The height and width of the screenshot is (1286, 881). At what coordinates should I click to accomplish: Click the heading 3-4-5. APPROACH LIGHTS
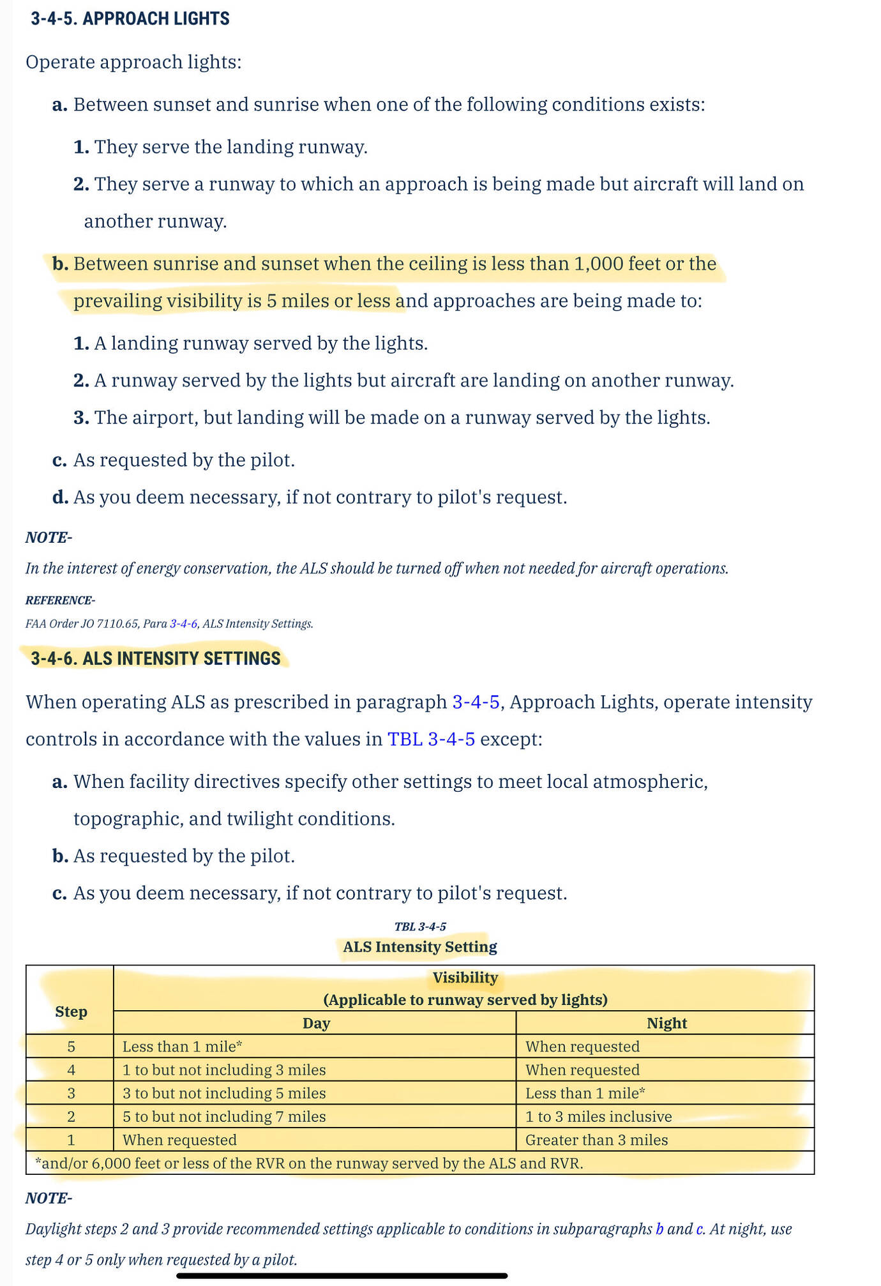tap(130, 19)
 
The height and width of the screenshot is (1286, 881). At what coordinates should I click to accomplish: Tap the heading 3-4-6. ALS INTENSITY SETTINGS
tap(155, 658)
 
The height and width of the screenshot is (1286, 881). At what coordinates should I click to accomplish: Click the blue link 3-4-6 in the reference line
tap(183, 624)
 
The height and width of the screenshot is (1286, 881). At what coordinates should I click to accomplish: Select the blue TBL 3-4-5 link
tap(431, 739)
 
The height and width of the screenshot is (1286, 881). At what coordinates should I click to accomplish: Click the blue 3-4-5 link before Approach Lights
tap(476, 702)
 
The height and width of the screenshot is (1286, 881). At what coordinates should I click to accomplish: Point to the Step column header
tap(71, 1011)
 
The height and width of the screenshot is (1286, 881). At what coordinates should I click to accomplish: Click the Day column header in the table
tap(316, 1023)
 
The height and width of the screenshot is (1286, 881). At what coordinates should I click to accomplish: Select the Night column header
tap(666, 1023)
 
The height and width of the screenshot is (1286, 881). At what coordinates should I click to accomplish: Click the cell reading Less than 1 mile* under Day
tap(182, 1047)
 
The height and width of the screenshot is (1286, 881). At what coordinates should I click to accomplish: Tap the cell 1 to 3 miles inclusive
tap(598, 1116)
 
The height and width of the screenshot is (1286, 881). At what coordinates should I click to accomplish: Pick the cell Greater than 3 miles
tap(596, 1140)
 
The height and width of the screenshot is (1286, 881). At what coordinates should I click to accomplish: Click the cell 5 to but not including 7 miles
tap(224, 1116)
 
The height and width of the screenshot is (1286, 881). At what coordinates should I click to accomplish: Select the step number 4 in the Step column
tap(71, 1070)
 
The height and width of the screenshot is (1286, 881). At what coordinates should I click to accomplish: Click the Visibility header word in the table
tap(465, 978)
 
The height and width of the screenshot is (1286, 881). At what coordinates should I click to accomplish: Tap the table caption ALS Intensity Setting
tap(419, 946)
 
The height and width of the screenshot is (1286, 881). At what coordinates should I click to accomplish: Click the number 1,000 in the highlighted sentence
tap(598, 264)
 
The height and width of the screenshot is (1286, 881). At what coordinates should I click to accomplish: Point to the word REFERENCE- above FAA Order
tap(60, 600)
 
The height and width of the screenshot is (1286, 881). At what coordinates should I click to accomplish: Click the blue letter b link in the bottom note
tap(659, 1229)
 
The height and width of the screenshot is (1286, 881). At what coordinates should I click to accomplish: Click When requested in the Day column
tap(179, 1140)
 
